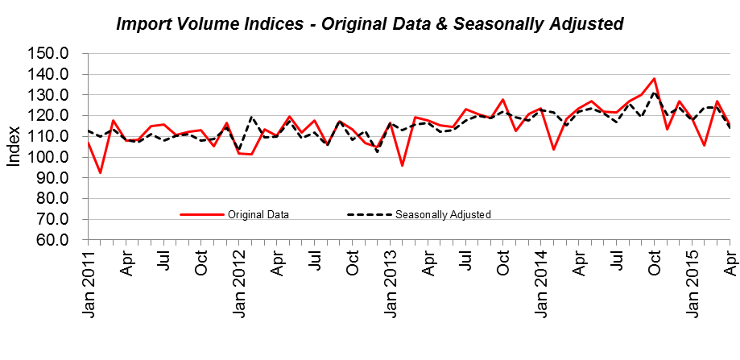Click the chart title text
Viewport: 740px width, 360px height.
tap(370, 24)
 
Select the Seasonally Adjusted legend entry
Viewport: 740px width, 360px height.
tap(443, 214)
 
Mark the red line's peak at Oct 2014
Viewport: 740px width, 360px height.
tap(655, 79)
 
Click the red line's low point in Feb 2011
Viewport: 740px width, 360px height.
tap(100, 172)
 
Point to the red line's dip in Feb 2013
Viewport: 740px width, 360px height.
tap(403, 165)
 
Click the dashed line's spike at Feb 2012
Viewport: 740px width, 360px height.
tap(251, 117)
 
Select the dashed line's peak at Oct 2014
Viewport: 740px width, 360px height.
tap(655, 93)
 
